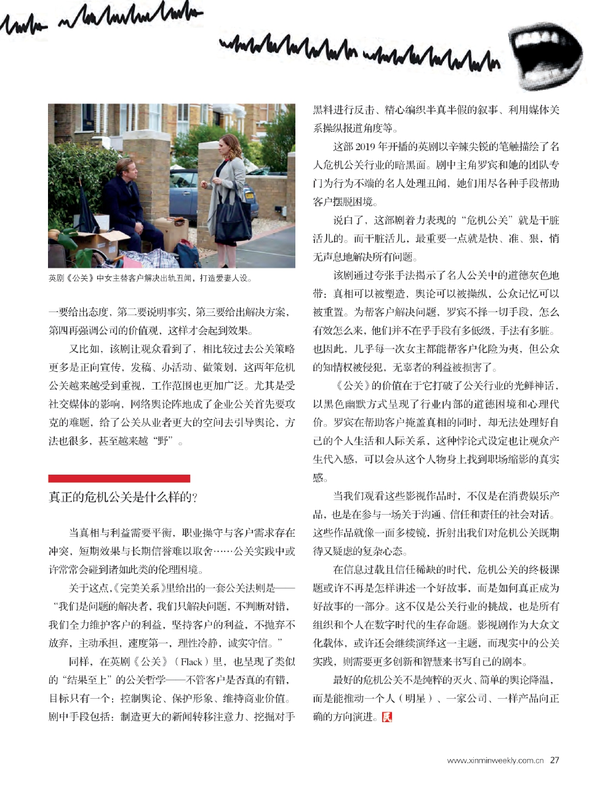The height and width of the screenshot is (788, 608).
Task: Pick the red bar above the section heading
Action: [119, 478]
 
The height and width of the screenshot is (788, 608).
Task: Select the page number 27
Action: [554, 760]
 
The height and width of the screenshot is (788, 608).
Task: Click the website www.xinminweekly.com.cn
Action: [495, 760]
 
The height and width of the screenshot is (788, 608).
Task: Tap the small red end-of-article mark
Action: [386, 717]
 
